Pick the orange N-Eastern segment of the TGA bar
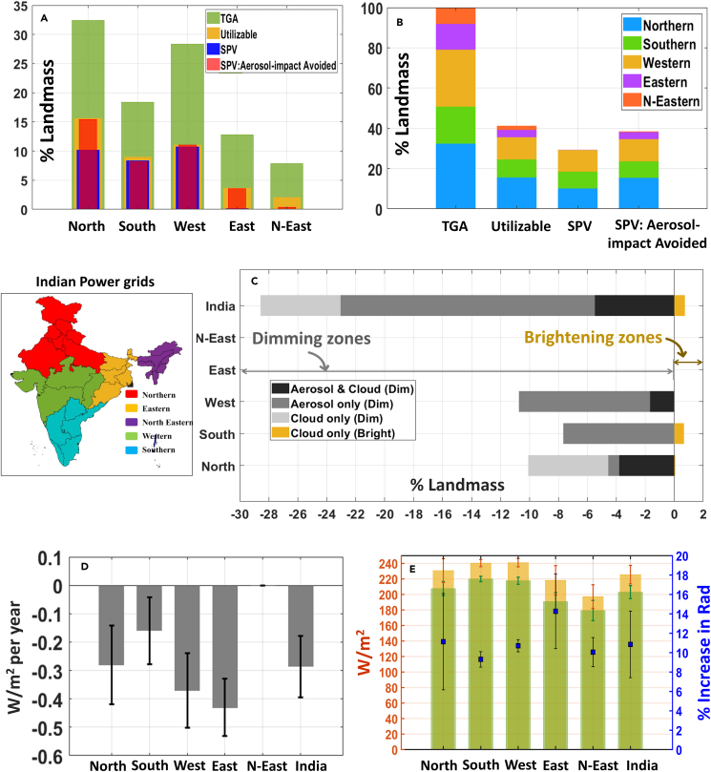[454, 16]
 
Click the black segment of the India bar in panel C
[634, 305]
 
